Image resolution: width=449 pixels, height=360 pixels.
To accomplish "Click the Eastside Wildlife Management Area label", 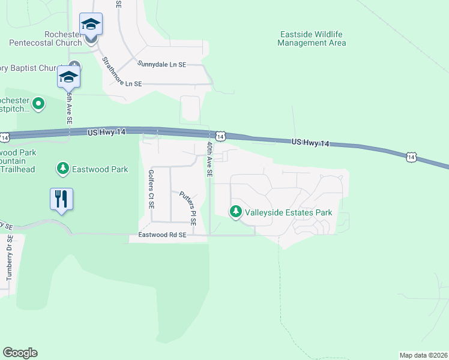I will (x=312, y=38).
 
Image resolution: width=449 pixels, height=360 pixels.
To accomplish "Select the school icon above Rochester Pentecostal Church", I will (x=91, y=24).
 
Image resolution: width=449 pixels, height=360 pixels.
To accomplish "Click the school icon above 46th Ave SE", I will (x=69, y=77).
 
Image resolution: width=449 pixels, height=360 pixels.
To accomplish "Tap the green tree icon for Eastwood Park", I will (x=63, y=169).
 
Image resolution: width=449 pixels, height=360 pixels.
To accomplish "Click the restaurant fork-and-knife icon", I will (x=61, y=199).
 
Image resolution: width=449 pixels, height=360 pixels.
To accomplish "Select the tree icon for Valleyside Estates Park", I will (x=236, y=212).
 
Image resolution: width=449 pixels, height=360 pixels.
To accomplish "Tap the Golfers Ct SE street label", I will (x=151, y=188).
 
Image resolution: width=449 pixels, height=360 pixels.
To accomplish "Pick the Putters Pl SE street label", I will (x=187, y=208).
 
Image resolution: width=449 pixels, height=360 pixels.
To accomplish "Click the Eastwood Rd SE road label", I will (x=163, y=236).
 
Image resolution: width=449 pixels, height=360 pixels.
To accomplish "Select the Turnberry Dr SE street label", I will (x=10, y=265).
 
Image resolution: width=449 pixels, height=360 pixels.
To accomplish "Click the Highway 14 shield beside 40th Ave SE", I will (x=220, y=137).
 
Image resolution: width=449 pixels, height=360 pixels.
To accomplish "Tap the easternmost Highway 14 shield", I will (x=411, y=157).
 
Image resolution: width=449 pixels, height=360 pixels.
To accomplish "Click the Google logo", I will (x=20, y=353).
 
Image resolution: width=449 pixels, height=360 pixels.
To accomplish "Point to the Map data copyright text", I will (x=423, y=355).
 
